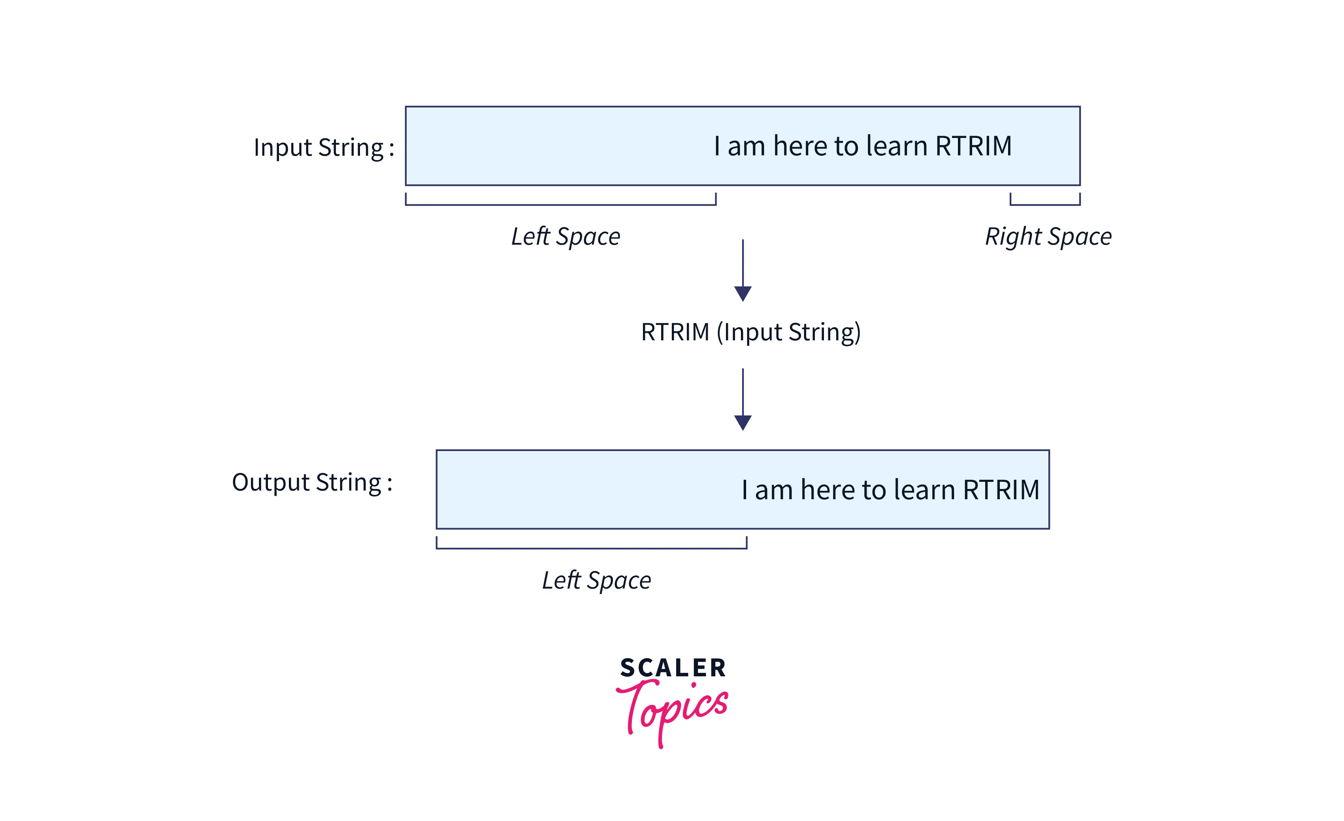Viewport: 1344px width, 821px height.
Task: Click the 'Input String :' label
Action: tap(324, 148)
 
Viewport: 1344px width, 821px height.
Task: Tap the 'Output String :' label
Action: tap(312, 483)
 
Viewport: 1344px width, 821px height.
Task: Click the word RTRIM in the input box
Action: tap(974, 146)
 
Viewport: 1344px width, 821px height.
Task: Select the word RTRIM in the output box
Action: tap(1001, 490)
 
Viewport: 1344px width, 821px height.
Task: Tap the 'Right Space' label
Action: tap(1048, 237)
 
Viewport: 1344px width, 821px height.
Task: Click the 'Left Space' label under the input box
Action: tap(565, 237)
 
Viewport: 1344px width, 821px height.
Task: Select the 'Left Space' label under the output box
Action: tap(596, 580)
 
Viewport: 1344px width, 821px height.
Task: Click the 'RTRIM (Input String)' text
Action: tap(750, 332)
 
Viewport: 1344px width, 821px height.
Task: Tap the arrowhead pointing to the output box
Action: tap(743, 423)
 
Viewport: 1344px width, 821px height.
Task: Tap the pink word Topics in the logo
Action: tap(673, 709)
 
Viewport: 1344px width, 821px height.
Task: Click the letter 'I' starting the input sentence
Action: tap(717, 146)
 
